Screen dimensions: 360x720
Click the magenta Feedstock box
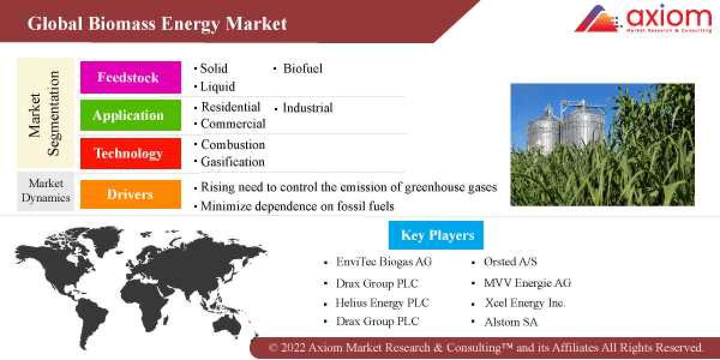point(130,77)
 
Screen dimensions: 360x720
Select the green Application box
point(130,115)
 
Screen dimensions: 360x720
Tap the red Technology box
point(130,154)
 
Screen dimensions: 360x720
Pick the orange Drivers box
point(130,194)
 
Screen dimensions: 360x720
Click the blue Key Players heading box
point(436,235)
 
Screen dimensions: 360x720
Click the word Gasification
point(233,162)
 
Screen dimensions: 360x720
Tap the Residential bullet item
point(230,107)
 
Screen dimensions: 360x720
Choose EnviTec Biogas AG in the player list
point(384,262)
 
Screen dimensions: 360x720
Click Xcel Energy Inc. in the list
point(524,303)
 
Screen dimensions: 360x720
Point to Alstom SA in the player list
point(511,322)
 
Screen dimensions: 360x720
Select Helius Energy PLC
point(383,303)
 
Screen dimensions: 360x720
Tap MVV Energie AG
point(527,283)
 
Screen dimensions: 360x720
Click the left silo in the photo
point(543,129)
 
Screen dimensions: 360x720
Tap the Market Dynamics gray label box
point(46,190)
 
